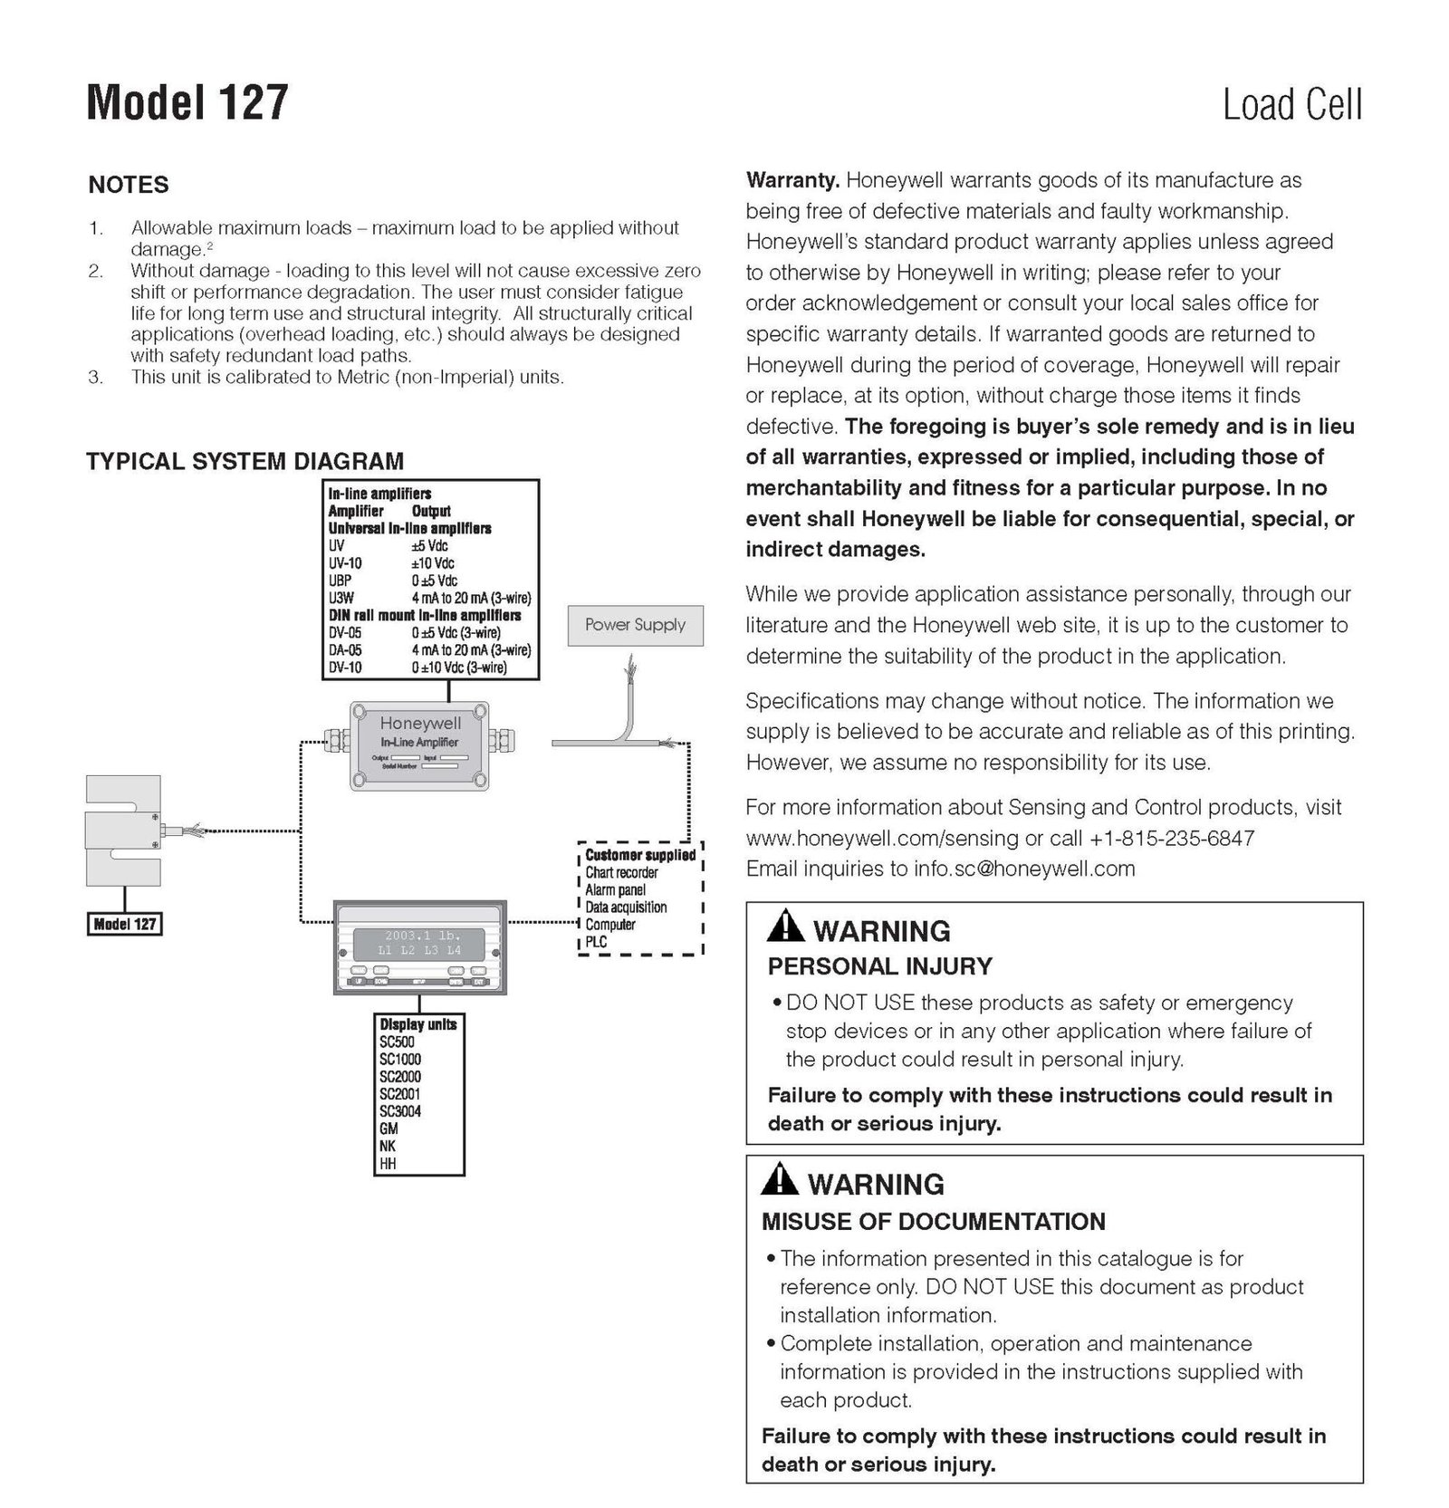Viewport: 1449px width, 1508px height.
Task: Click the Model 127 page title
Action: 187,101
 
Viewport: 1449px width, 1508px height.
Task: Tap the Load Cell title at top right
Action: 1291,105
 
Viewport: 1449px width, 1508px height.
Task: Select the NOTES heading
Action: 129,185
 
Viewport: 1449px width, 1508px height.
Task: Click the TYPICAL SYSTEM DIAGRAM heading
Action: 245,461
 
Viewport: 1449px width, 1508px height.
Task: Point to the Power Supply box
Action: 635,625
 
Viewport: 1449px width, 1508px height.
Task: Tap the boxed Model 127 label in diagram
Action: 124,925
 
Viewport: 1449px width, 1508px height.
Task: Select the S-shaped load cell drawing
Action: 123,831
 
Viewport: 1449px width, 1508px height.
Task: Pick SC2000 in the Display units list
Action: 400,1077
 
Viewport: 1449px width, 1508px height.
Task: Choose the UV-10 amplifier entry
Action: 345,563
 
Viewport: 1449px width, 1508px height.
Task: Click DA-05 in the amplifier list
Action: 345,650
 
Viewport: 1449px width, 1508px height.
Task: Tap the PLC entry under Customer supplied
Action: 596,942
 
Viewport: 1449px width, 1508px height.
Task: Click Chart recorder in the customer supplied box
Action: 621,872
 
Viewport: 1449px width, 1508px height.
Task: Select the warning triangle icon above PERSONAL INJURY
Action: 784,927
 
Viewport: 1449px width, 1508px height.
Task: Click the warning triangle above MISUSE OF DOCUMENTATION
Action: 779,1180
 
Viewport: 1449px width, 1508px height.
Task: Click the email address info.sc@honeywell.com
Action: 1023,869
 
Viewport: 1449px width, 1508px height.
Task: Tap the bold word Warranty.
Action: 792,180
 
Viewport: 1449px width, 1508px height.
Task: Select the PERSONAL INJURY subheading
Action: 879,966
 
